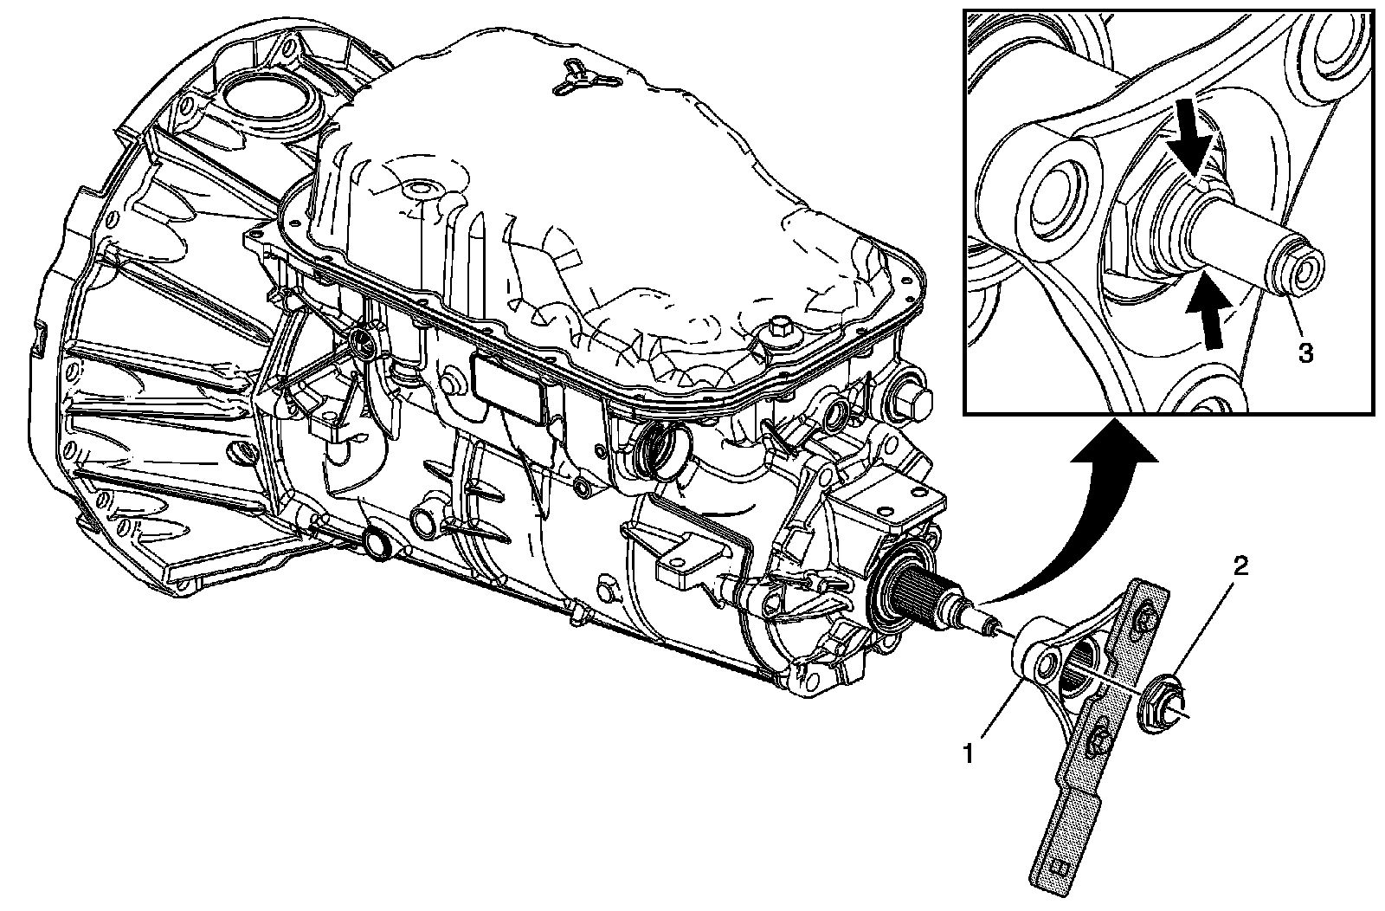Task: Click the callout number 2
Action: point(1240,567)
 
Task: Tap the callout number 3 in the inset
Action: point(1304,352)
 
